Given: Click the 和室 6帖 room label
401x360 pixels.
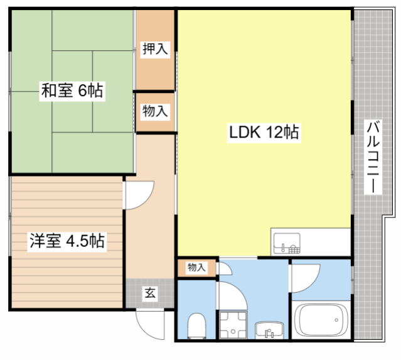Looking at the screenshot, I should click(72, 91).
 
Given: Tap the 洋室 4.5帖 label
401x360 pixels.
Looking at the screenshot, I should click(65, 241).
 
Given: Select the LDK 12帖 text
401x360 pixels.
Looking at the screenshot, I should click(263, 133).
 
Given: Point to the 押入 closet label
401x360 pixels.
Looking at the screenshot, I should click(154, 50).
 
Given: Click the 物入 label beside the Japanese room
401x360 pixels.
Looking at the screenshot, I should click(154, 112).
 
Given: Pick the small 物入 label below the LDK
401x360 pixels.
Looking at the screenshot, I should click(196, 268).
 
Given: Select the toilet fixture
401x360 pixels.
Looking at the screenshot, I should click(196, 325).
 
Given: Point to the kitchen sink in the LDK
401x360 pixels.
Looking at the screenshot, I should click(286, 242).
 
